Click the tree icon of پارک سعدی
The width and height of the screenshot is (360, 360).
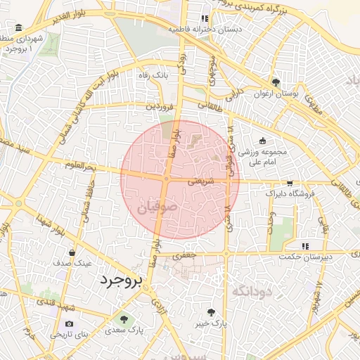(124, 319)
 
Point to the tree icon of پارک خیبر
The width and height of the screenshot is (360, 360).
(212, 311)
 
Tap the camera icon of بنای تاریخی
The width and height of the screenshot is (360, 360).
(69, 324)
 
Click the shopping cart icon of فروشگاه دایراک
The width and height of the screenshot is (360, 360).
(289, 182)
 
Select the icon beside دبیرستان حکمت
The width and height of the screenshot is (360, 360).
(305, 246)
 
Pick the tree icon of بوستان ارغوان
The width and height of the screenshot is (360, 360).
(276, 82)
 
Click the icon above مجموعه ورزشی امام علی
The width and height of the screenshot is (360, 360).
(263, 140)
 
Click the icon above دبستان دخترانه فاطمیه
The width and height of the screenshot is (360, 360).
(204, 19)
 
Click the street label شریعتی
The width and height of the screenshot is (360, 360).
(200, 181)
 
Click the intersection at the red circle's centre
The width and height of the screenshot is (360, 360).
(166, 179)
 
